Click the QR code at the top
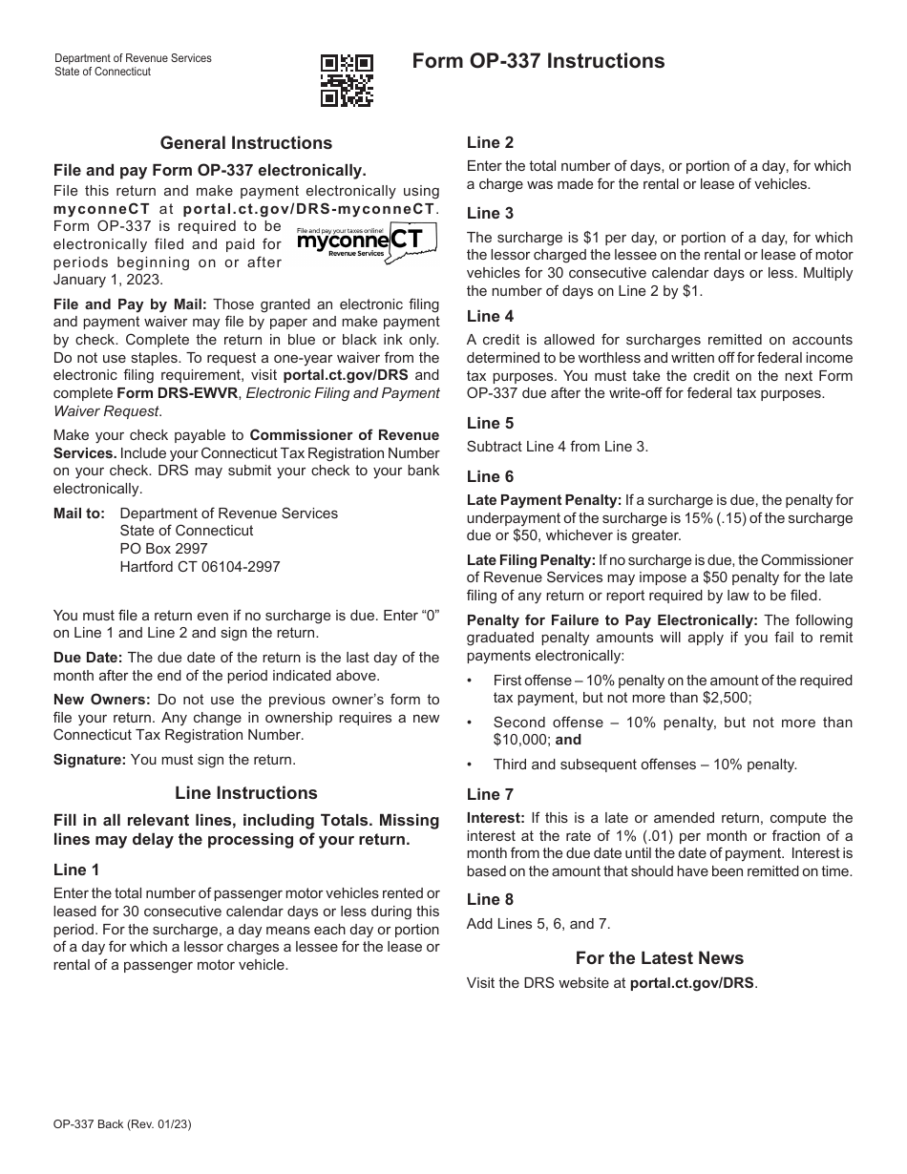coord(347,79)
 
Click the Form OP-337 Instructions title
coord(538,61)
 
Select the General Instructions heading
coord(246,143)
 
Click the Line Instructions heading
coord(246,793)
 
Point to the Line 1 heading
coord(76,870)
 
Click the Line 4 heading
coord(490,316)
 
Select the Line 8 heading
coord(490,899)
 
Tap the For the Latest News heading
coord(659,958)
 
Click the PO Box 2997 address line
coord(163,549)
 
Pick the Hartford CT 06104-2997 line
coord(200,567)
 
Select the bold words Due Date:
coord(88,658)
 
